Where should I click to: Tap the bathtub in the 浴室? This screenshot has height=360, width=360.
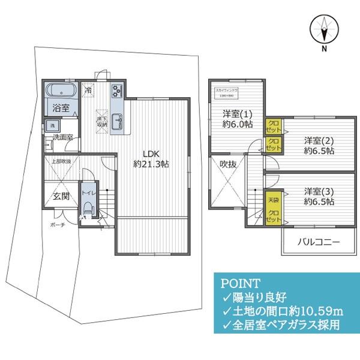coord(61,92)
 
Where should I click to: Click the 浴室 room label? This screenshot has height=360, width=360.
coord(61,109)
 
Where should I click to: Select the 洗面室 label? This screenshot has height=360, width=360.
coord(62,137)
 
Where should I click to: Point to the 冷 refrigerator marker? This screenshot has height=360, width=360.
coord(88,91)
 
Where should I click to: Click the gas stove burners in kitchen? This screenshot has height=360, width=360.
coord(116,91)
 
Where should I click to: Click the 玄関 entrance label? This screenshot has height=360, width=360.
coord(61,196)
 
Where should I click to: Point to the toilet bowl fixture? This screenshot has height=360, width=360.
coord(88,208)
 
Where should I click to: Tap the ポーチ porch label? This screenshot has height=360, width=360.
coord(58,225)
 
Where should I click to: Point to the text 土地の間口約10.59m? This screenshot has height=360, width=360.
coord(287,310)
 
